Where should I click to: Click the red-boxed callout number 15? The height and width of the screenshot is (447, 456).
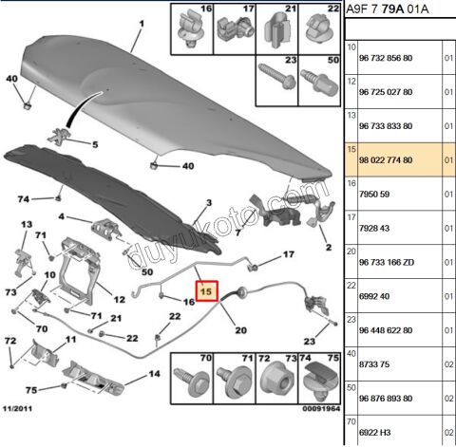(207, 290)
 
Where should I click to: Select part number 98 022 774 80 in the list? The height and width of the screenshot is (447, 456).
(386, 160)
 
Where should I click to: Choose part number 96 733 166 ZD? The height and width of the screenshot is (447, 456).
(387, 262)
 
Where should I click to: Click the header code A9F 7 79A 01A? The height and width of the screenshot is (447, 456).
(389, 10)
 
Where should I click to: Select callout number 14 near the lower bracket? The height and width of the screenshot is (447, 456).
(154, 374)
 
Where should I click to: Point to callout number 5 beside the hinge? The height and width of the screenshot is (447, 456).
(95, 144)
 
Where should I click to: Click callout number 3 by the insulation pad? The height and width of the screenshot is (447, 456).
(207, 204)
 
